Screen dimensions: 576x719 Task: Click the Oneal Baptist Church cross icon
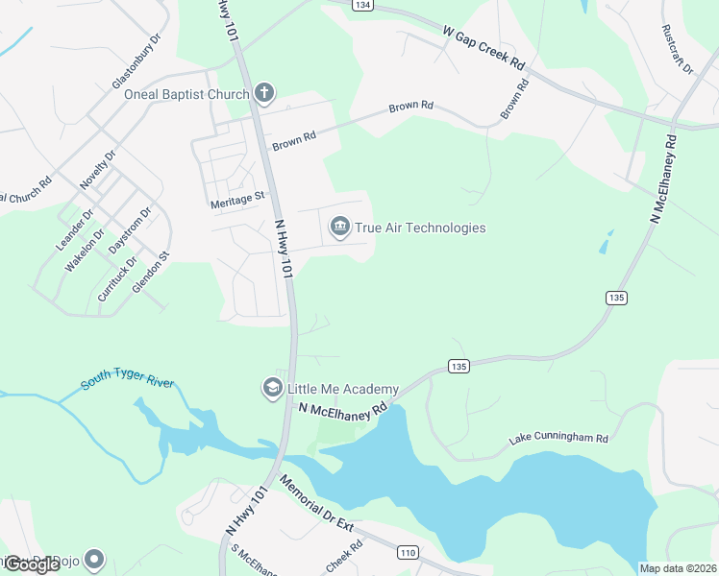click(264, 93)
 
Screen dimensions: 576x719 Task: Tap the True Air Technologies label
click(420, 228)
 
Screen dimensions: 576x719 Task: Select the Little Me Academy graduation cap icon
click(272, 388)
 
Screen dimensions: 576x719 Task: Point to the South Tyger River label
click(127, 383)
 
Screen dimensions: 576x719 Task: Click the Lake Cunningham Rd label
click(558, 440)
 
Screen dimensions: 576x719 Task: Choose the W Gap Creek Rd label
click(484, 48)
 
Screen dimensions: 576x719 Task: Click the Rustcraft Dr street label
click(672, 44)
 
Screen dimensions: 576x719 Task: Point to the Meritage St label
click(236, 200)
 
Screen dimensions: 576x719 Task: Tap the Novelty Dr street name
click(98, 169)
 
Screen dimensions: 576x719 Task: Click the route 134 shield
click(361, 5)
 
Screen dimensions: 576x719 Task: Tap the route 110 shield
click(408, 552)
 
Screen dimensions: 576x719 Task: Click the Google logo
click(32, 564)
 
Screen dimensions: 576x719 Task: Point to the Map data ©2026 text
click(679, 568)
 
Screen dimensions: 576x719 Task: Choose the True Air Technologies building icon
click(339, 228)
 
